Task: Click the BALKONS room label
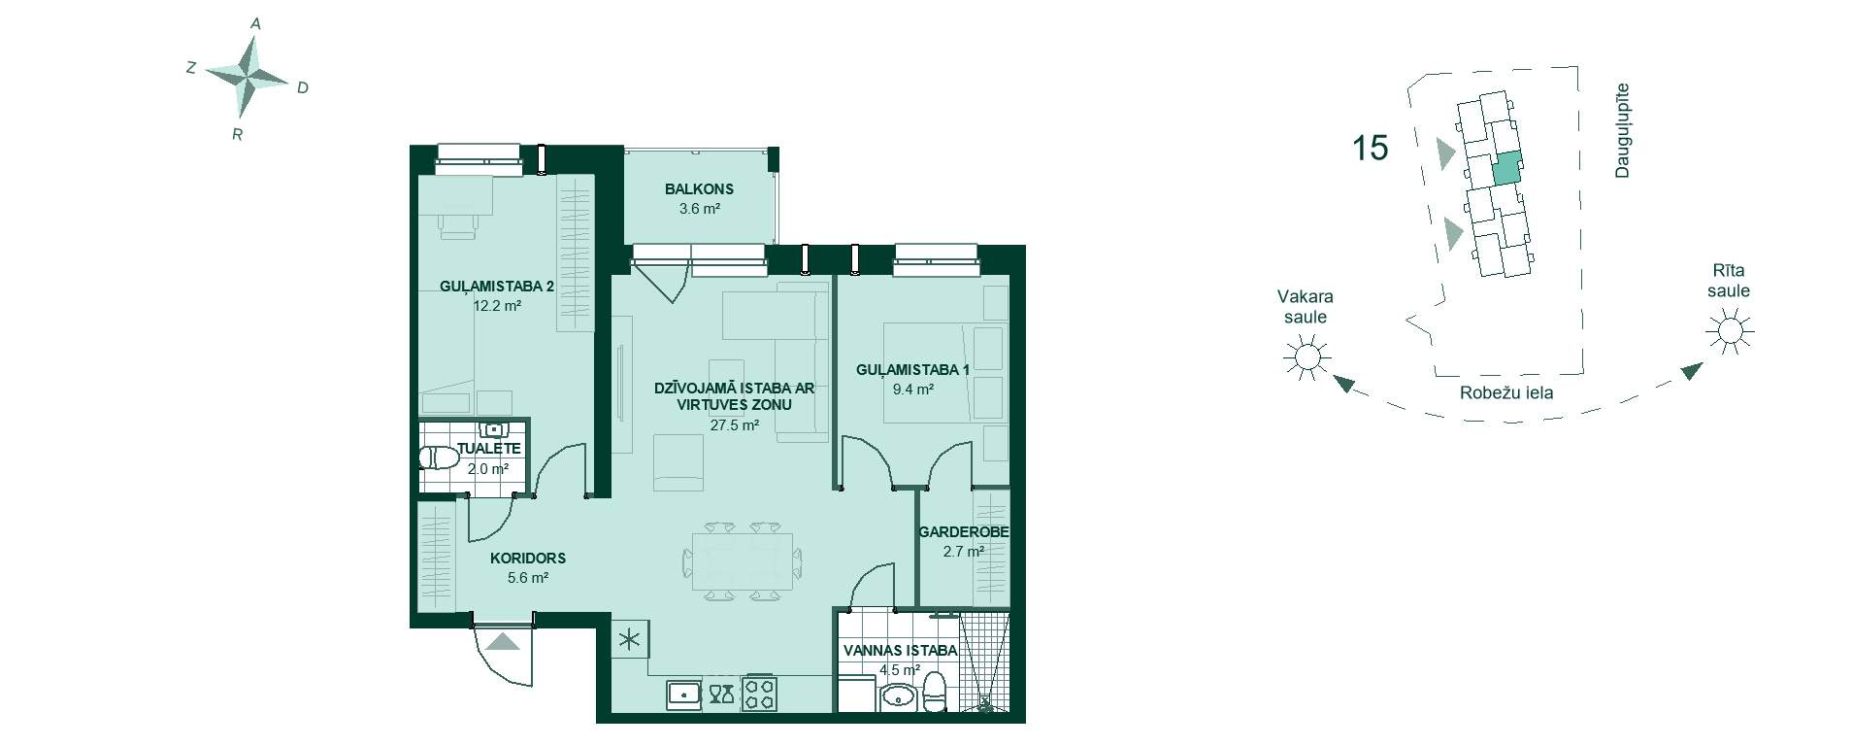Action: [x=699, y=189]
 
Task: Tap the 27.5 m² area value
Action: [x=734, y=424]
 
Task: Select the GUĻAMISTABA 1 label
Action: [x=912, y=369]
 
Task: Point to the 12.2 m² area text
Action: [x=498, y=305]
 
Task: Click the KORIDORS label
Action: [x=528, y=559]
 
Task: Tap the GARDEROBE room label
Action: [x=964, y=532]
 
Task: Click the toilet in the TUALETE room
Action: [x=440, y=458]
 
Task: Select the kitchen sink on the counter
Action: [x=684, y=694]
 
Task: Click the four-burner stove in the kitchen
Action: [x=758, y=694]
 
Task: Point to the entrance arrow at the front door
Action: [x=504, y=641]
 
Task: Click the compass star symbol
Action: [x=248, y=76]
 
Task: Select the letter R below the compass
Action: [x=237, y=135]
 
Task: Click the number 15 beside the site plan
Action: [x=1370, y=149]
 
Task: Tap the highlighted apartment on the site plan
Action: [x=1506, y=168]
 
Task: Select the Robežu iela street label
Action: [x=1506, y=393]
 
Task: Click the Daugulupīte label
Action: [x=1622, y=131]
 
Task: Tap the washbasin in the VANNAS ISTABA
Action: [x=899, y=695]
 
